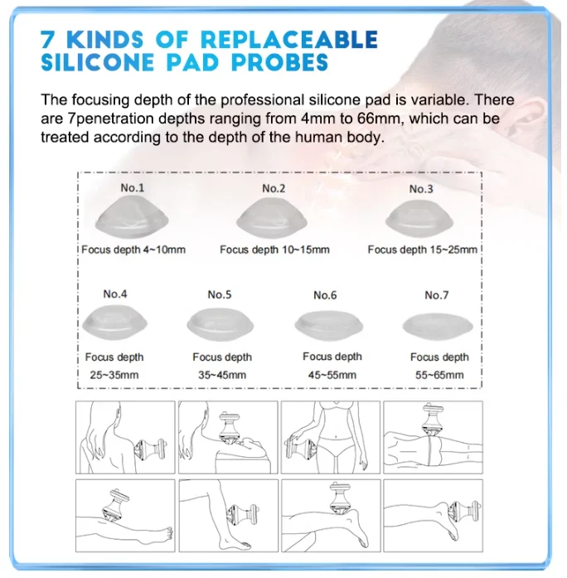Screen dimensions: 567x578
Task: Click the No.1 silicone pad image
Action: click(132, 217)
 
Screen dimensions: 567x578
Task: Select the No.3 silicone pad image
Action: click(419, 219)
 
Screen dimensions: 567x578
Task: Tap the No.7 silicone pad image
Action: click(438, 326)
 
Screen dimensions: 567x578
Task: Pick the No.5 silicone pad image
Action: click(220, 324)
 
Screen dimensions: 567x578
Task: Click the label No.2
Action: click(274, 188)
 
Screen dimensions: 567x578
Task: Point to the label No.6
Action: click(325, 295)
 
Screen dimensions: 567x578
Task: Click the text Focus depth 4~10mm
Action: click(133, 250)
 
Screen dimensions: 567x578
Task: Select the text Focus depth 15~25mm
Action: click(422, 250)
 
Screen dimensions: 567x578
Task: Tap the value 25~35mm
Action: click(114, 375)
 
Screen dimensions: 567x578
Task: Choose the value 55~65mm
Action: click(439, 375)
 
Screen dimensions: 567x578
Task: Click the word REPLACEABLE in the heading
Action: click(289, 40)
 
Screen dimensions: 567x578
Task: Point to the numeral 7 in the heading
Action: click(47, 40)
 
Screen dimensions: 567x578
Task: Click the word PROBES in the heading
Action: click(279, 62)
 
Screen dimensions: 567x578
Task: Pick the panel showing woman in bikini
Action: click(331, 437)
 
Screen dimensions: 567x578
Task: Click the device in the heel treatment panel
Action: click(464, 512)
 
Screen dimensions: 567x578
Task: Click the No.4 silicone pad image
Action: click(115, 323)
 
